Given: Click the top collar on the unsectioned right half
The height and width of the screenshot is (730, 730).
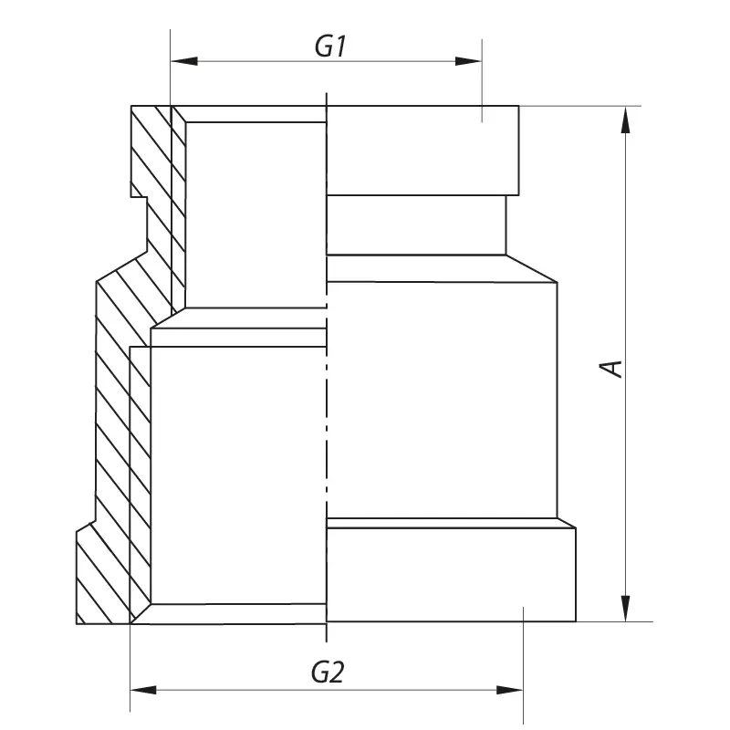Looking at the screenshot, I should coord(422,151).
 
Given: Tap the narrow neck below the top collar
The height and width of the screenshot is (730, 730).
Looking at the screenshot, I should coord(415,225).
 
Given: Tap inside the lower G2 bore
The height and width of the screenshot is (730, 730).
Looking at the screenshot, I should coord(237,474).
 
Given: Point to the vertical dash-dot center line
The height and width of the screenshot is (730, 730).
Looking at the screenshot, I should coord(327,411).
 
